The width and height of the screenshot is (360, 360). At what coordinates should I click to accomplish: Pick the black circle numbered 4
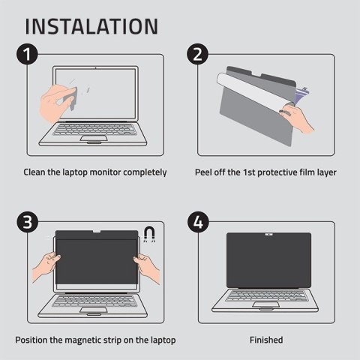pyautogui.click(x=198, y=222)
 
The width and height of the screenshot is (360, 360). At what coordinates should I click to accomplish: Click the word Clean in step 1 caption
pyautogui.click(x=37, y=172)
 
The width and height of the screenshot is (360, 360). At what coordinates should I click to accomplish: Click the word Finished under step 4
pyautogui.click(x=266, y=340)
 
